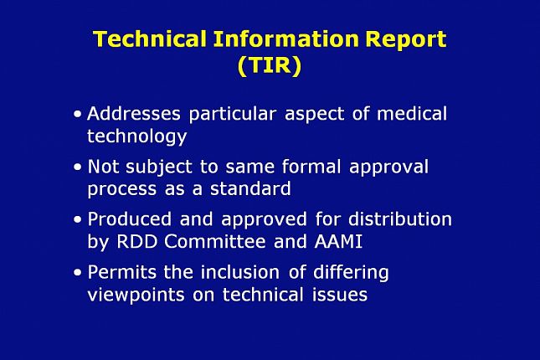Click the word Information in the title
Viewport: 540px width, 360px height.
tap(285, 39)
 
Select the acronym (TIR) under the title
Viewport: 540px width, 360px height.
tap(270, 64)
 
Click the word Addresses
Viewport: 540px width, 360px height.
tap(134, 114)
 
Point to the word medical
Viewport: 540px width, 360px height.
tap(412, 114)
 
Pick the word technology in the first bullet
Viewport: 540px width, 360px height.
tap(137, 136)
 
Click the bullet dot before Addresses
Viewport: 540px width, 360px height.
tap(78, 114)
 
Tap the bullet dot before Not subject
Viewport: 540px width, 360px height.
tap(78, 167)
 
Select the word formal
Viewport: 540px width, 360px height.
tap(311, 167)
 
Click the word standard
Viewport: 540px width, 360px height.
tap(250, 188)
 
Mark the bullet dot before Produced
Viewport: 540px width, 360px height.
tap(78, 219)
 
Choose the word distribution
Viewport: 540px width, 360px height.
tap(400, 219)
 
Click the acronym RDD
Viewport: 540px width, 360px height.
tap(136, 241)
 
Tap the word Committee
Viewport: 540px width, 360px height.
tap(215, 241)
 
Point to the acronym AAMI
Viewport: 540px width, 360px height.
tap(338, 241)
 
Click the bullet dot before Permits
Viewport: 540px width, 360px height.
tap(78, 273)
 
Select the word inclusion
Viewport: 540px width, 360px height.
tap(240, 272)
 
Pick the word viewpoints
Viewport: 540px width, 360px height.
tap(136, 296)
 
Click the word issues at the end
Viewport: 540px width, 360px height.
tap(340, 296)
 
